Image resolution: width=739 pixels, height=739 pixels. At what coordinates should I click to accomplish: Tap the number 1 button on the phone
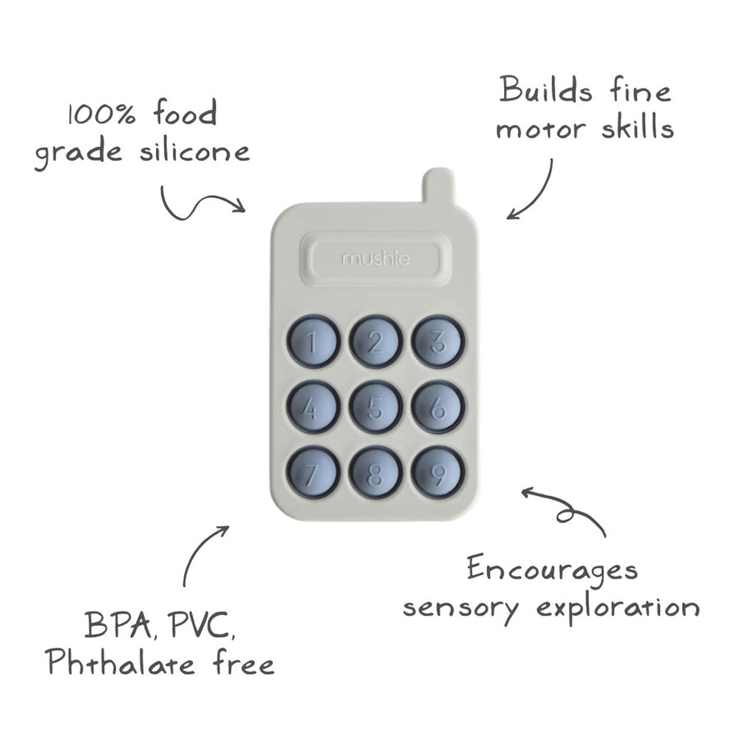tap(313, 341)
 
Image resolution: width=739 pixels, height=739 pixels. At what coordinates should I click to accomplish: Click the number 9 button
tap(437, 473)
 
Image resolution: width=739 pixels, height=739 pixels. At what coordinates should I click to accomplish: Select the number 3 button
tap(437, 341)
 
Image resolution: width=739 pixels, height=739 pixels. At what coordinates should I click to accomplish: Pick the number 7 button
tap(313, 473)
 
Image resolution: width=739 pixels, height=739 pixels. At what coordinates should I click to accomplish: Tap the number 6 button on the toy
tap(437, 407)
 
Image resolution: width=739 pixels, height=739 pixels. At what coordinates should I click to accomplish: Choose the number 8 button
tap(375, 473)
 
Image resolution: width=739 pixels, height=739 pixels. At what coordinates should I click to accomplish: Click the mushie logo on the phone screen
tap(375, 258)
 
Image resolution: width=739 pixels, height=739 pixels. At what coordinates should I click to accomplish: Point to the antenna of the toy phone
tap(439, 185)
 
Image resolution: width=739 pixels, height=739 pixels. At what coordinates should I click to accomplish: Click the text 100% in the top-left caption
tap(102, 114)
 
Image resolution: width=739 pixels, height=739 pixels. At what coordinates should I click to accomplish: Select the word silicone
tap(194, 151)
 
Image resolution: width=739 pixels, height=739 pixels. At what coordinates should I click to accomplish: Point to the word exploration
tap(618, 608)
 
